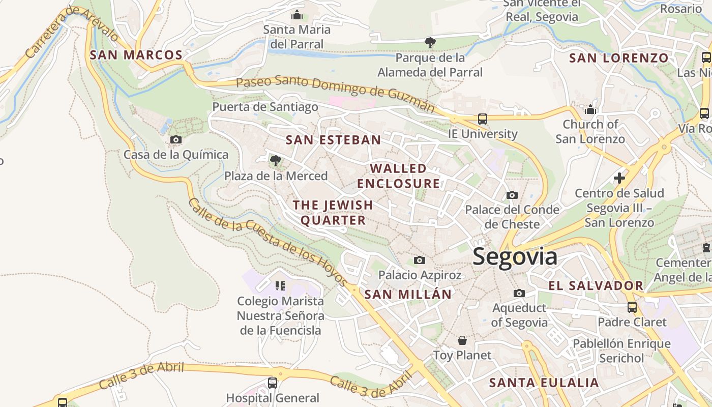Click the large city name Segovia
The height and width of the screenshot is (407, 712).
pyautogui.click(x=515, y=257)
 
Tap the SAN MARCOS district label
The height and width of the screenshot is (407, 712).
pyautogui.click(x=136, y=55)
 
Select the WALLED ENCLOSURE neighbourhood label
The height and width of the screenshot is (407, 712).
pyautogui.click(x=398, y=176)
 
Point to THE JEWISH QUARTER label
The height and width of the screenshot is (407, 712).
pyautogui.click(x=333, y=213)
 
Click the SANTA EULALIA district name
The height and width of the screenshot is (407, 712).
pyautogui.click(x=544, y=383)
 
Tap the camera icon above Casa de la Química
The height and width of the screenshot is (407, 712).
pyautogui.click(x=176, y=140)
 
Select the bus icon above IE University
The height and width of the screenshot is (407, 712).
pyautogui.click(x=482, y=120)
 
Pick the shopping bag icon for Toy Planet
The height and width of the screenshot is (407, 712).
pyautogui.click(x=462, y=340)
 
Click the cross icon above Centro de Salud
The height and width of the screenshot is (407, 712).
pyautogui.click(x=619, y=178)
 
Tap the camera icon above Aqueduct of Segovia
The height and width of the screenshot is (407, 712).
pyautogui.click(x=519, y=294)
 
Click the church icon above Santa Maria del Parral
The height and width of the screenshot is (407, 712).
pyautogui.click(x=296, y=15)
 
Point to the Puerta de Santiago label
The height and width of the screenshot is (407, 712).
pyautogui.click(x=265, y=107)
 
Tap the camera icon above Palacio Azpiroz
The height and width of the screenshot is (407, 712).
pyautogui.click(x=419, y=260)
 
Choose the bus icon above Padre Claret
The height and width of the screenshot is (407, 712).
pyautogui.click(x=632, y=307)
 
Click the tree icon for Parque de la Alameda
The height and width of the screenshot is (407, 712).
pyautogui.click(x=430, y=43)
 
